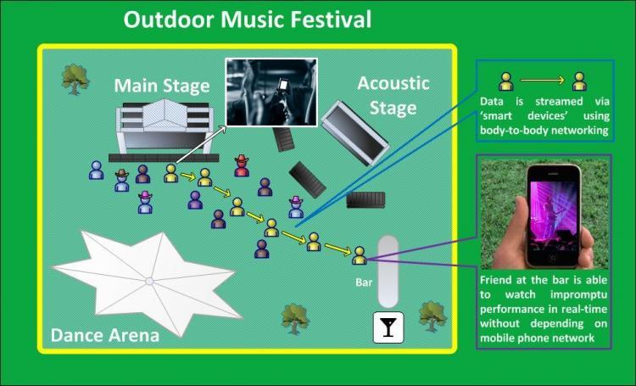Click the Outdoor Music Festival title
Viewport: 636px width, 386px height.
coord(248,20)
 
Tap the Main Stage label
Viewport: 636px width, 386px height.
coord(162,86)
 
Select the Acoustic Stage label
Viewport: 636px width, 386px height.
coord(393,95)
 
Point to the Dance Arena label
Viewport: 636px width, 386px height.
coord(105,334)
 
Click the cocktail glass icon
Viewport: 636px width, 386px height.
coord(389,326)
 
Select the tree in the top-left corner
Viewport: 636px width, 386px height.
coord(75,78)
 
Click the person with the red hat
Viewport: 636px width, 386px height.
coord(242,165)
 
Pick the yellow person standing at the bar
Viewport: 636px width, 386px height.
coord(359,255)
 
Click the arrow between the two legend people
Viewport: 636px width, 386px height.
coord(543,81)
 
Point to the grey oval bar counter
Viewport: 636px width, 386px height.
coord(388,271)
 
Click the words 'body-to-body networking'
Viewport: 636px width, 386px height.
coord(540,131)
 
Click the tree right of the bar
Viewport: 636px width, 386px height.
coord(432,315)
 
